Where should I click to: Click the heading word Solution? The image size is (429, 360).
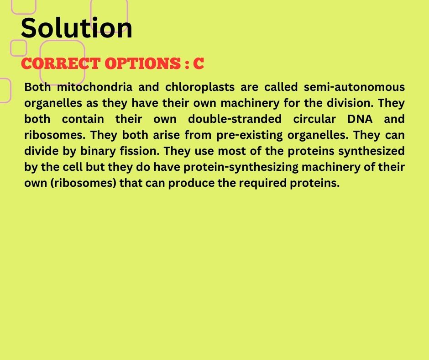pos(76,28)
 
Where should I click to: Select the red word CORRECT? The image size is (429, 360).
pos(60,64)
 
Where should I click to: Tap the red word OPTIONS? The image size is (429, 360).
pos(142,64)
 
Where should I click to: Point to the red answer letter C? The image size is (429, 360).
pos(199,64)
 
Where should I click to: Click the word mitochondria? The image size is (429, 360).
pos(94,87)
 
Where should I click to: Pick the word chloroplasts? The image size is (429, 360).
pos(200,87)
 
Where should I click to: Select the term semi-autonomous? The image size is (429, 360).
pos(354,87)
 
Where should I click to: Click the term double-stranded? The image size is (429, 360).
pos(235,119)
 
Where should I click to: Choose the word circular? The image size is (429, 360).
pos(314,119)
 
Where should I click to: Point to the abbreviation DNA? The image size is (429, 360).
pos(360,119)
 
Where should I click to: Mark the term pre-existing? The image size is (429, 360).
pos(249,135)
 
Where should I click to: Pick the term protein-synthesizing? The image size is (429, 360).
pos(241,167)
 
